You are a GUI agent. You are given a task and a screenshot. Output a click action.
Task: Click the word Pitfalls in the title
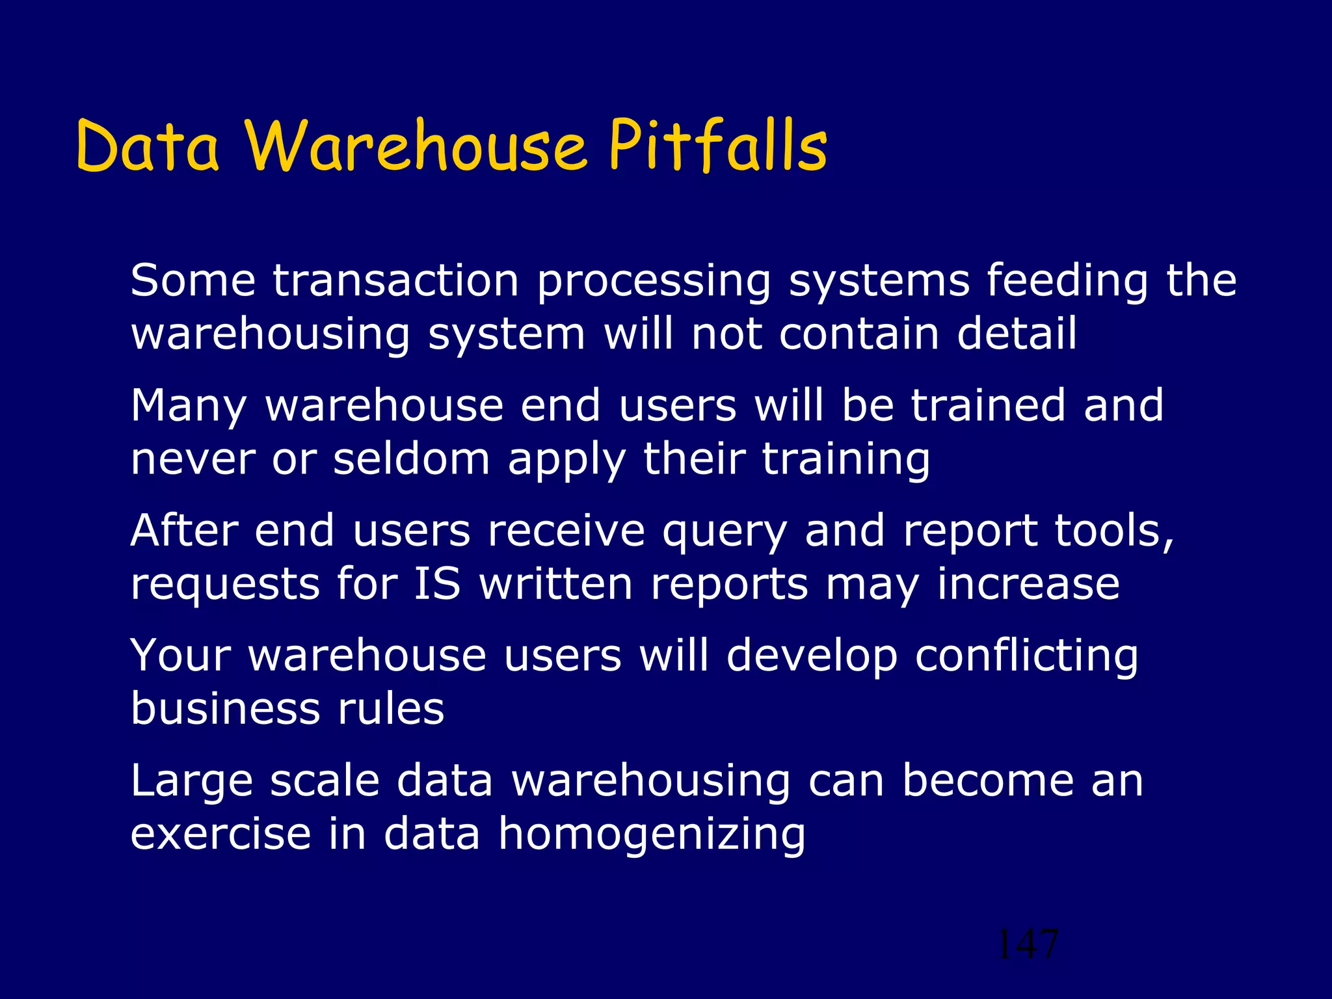717,146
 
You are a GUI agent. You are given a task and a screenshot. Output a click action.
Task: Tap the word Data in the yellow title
148,146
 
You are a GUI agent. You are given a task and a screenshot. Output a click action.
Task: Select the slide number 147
1027,944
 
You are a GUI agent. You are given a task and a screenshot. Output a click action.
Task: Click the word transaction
395,281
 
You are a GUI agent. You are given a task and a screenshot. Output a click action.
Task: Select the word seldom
411,459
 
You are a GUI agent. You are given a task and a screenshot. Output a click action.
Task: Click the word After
184,530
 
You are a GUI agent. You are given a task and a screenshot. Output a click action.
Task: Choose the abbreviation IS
437,583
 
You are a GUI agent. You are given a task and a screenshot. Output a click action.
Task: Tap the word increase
1028,583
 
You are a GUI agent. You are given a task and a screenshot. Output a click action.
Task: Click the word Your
181,655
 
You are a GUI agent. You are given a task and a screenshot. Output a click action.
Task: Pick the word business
225,708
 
